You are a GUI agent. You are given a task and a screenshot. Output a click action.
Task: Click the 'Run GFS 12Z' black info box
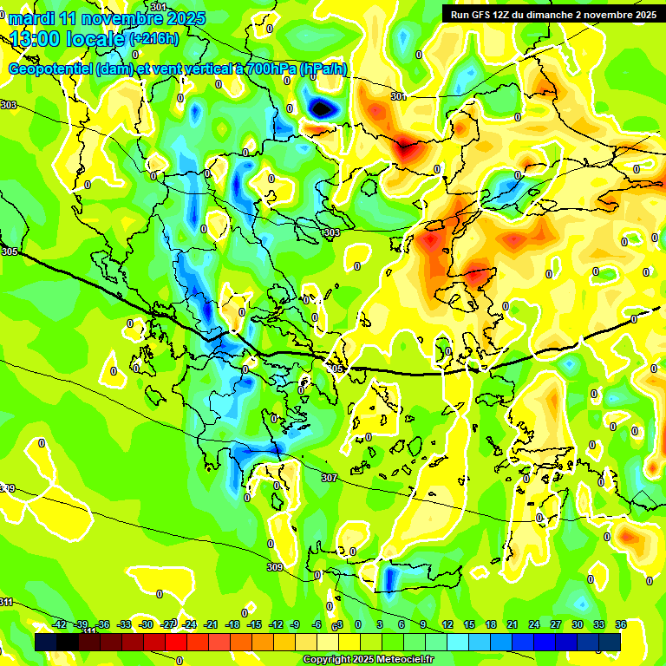coord(552,14)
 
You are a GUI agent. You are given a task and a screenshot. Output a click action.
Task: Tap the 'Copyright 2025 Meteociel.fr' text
coord(369,660)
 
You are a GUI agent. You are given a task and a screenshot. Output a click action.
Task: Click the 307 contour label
coord(329,478)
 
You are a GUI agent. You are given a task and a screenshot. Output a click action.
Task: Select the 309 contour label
coord(274,567)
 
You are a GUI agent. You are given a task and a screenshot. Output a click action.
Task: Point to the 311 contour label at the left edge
coord(6,602)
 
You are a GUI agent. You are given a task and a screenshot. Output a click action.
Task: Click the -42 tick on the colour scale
coord(60,624)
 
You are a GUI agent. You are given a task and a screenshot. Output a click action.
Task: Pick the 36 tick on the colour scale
coord(620,624)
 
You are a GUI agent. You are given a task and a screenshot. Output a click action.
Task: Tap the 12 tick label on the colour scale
coord(447,624)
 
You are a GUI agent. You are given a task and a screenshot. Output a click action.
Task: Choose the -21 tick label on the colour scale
coord(210,624)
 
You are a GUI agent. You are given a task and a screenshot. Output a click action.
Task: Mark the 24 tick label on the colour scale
coord(533,624)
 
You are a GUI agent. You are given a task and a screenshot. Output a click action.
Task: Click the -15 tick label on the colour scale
coord(253,624)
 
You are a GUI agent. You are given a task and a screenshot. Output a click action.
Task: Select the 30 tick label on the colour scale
coord(578,624)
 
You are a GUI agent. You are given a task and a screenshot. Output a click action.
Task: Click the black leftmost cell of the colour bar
coord(46,642)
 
